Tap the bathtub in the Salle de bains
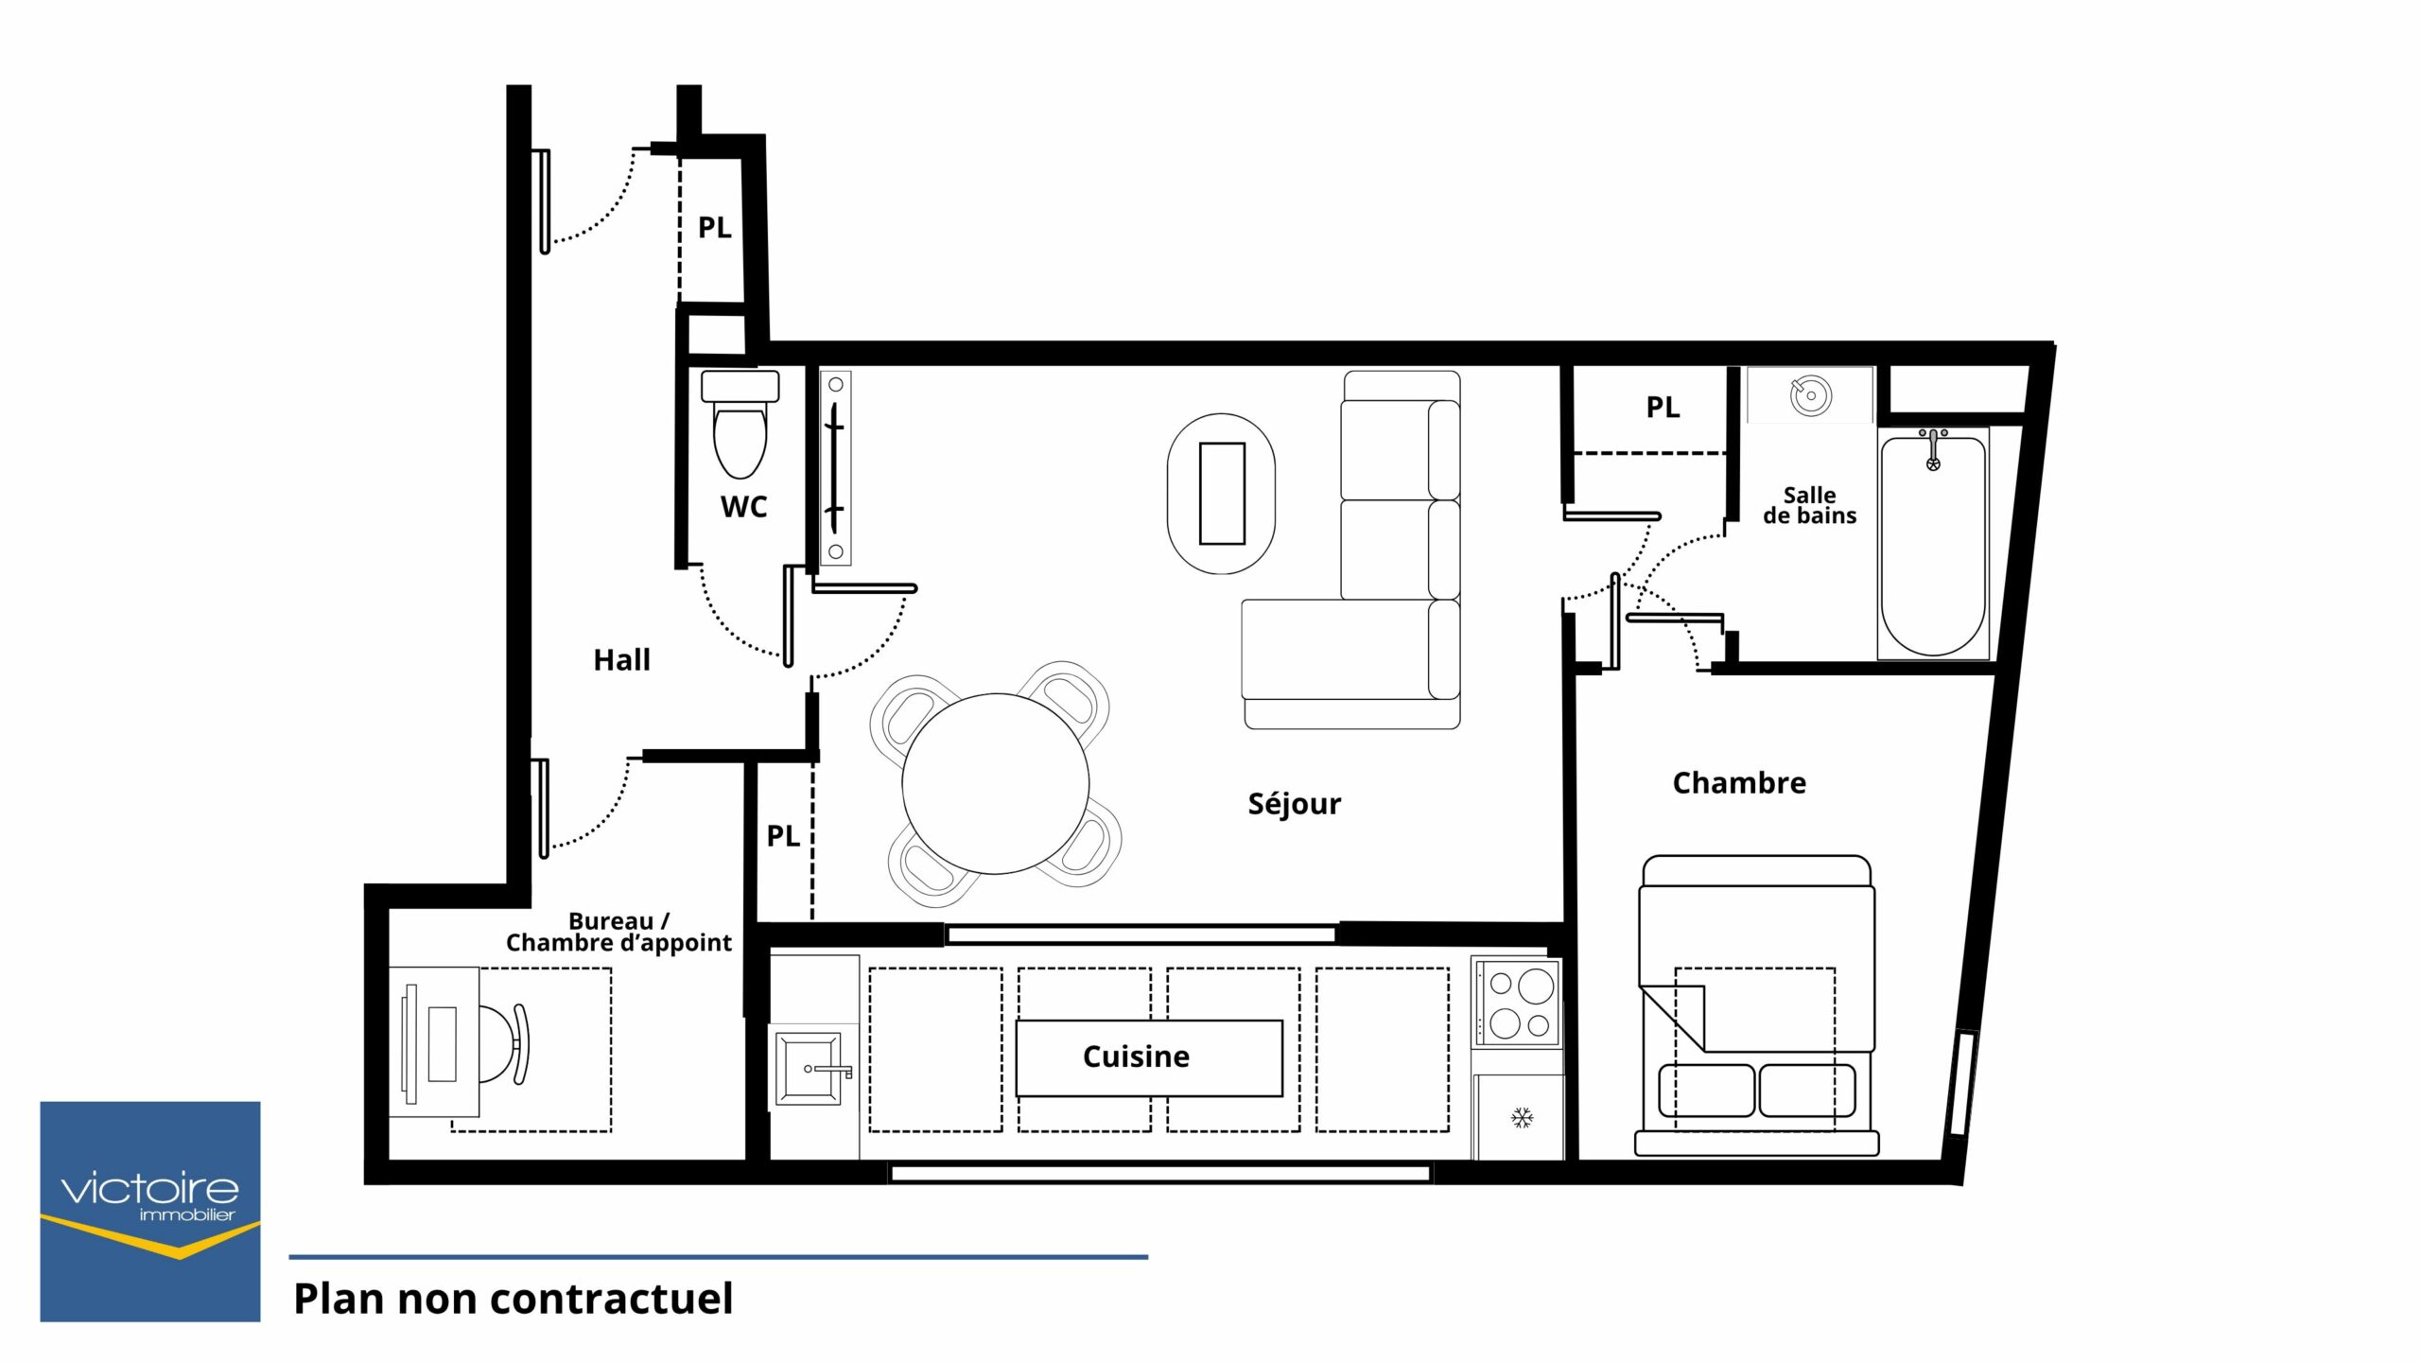1933,544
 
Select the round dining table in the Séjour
995,783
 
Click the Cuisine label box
1149,1057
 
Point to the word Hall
621,659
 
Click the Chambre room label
1739,782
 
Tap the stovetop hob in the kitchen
1517,1003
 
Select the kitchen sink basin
810,1069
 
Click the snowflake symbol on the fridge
1522,1118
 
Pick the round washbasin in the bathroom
1810,395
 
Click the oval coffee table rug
1221,493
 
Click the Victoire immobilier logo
150,1212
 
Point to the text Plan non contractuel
514,1299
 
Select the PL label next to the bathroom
1663,407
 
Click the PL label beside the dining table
783,835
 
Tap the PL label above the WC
714,227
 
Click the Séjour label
1294,803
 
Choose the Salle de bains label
1809,505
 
